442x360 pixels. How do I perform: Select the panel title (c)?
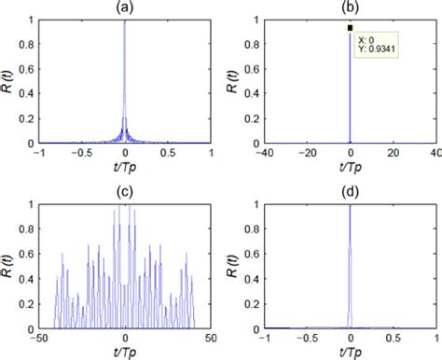pos(124,191)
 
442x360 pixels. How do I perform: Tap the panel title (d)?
pos(350,191)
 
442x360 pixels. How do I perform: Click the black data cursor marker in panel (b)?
pos(350,28)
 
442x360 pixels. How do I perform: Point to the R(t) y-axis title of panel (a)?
pos(9,80)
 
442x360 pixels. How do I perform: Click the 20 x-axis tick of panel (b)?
pos(393,153)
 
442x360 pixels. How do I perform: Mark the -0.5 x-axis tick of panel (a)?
pos(80,153)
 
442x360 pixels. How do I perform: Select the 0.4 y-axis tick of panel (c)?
pos(28,279)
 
